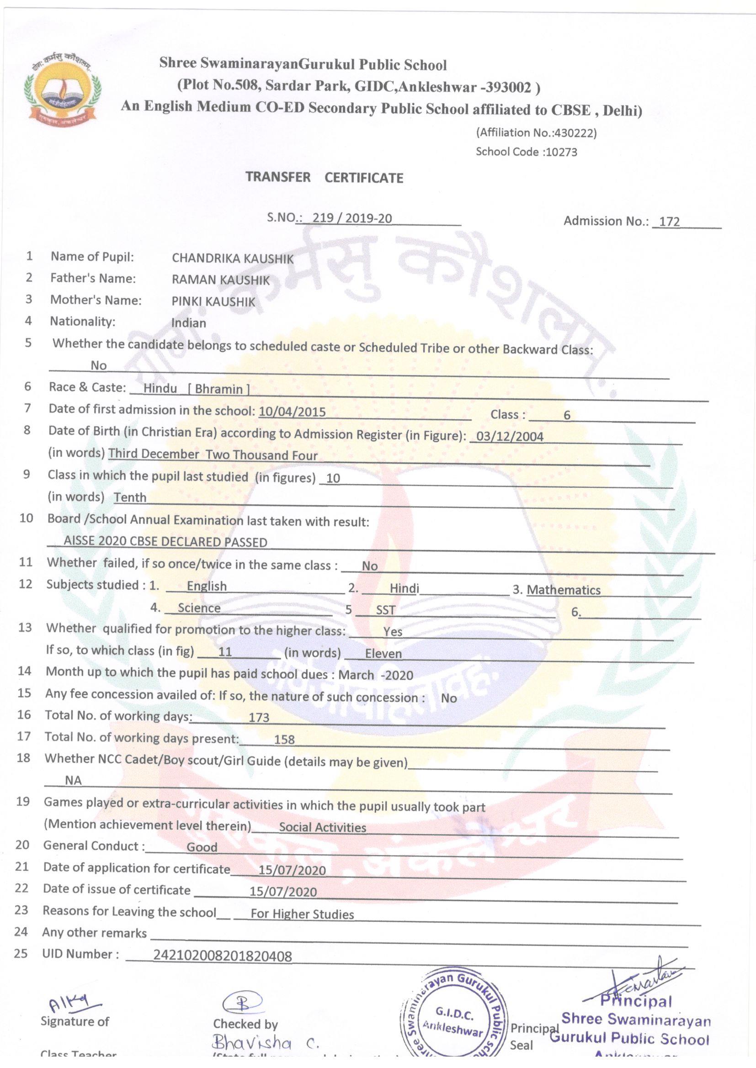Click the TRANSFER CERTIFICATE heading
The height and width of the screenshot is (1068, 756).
(x=325, y=177)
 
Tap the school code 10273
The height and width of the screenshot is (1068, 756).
(x=561, y=152)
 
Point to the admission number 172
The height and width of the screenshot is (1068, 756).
(x=670, y=222)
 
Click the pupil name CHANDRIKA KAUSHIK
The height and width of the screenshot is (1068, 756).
(x=232, y=259)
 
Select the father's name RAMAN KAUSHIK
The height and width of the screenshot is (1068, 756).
(x=220, y=280)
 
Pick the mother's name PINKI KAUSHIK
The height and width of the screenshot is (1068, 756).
(x=213, y=302)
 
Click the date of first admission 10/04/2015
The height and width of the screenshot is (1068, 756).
(x=292, y=412)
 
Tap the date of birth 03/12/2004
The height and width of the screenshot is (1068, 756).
(x=506, y=436)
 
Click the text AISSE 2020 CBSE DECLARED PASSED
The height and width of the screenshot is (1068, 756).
(x=165, y=542)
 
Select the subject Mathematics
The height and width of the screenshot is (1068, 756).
(x=563, y=590)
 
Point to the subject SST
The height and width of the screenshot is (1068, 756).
(x=385, y=610)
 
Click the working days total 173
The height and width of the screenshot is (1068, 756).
(x=259, y=717)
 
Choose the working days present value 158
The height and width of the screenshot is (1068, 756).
(x=284, y=739)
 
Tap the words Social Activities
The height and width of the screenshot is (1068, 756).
(x=322, y=828)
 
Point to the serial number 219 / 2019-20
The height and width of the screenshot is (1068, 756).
(x=352, y=218)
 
